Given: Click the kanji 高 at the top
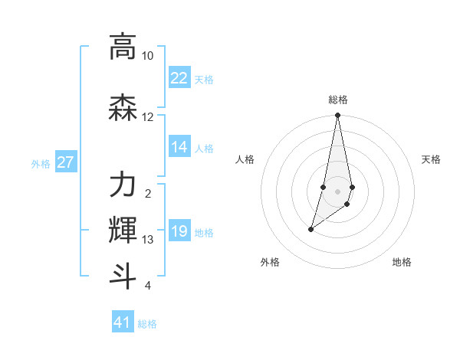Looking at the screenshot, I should click(123, 47).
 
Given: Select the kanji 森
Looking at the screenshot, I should click(123, 109).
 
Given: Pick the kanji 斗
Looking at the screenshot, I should click(123, 276).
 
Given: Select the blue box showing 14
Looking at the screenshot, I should click(179, 148).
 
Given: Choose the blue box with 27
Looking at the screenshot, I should click(66, 163).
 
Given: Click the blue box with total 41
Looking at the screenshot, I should click(123, 322).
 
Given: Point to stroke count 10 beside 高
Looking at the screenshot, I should click(148, 57).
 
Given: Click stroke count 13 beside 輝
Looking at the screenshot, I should click(148, 240).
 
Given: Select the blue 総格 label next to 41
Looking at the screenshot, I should click(147, 324).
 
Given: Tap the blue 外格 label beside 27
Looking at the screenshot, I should click(41, 164).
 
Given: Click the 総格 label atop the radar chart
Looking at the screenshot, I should click(338, 100).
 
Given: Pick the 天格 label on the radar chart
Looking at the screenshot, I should click(431, 159).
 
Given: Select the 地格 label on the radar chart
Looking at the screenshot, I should click(402, 262).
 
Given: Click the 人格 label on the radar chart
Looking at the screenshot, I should click(245, 159).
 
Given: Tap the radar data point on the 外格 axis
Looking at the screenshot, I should click(311, 229).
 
